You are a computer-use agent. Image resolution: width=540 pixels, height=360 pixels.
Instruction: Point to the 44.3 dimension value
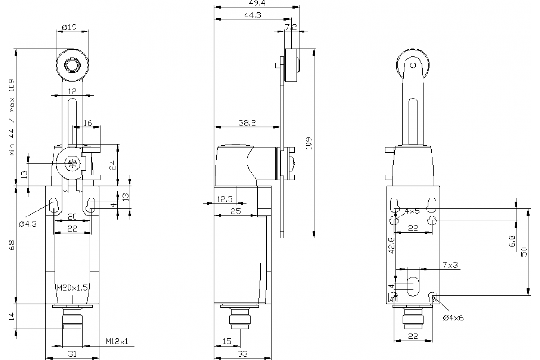pyautogui.click(x=253, y=15)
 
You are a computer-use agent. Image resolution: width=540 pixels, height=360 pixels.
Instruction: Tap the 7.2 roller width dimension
pyautogui.click(x=291, y=27)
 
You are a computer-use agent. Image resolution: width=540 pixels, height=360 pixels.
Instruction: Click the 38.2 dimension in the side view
pyautogui.click(x=246, y=123)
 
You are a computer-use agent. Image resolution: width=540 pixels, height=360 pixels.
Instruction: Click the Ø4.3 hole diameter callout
pyautogui.click(x=28, y=224)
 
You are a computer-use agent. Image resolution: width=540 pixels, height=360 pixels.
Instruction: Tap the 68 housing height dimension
pyautogui.click(x=12, y=245)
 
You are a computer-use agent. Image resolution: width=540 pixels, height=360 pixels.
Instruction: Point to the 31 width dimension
pyautogui.click(x=72, y=354)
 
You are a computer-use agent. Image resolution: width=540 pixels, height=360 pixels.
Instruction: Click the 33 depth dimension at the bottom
pyautogui.click(x=243, y=354)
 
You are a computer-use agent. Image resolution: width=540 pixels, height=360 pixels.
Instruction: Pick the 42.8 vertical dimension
pyautogui.click(x=391, y=245)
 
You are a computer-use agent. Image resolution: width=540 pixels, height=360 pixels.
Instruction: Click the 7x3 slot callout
pyautogui.click(x=450, y=265)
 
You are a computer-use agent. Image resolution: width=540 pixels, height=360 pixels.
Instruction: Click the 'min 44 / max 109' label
pyautogui.click(x=13, y=117)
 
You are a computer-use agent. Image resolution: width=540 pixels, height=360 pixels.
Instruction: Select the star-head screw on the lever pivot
pyautogui.click(x=71, y=164)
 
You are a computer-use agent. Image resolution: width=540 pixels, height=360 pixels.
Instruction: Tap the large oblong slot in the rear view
pyautogui.click(x=413, y=284)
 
